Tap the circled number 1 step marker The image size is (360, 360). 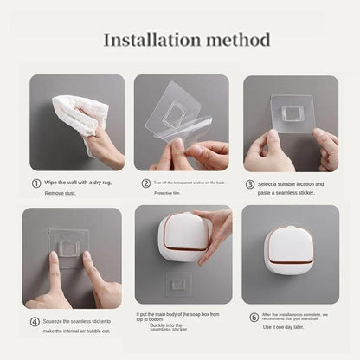point(36,183)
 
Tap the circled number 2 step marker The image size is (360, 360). point(145,183)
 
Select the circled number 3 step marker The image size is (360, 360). point(251,183)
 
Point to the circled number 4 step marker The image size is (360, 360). point(35,321)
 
